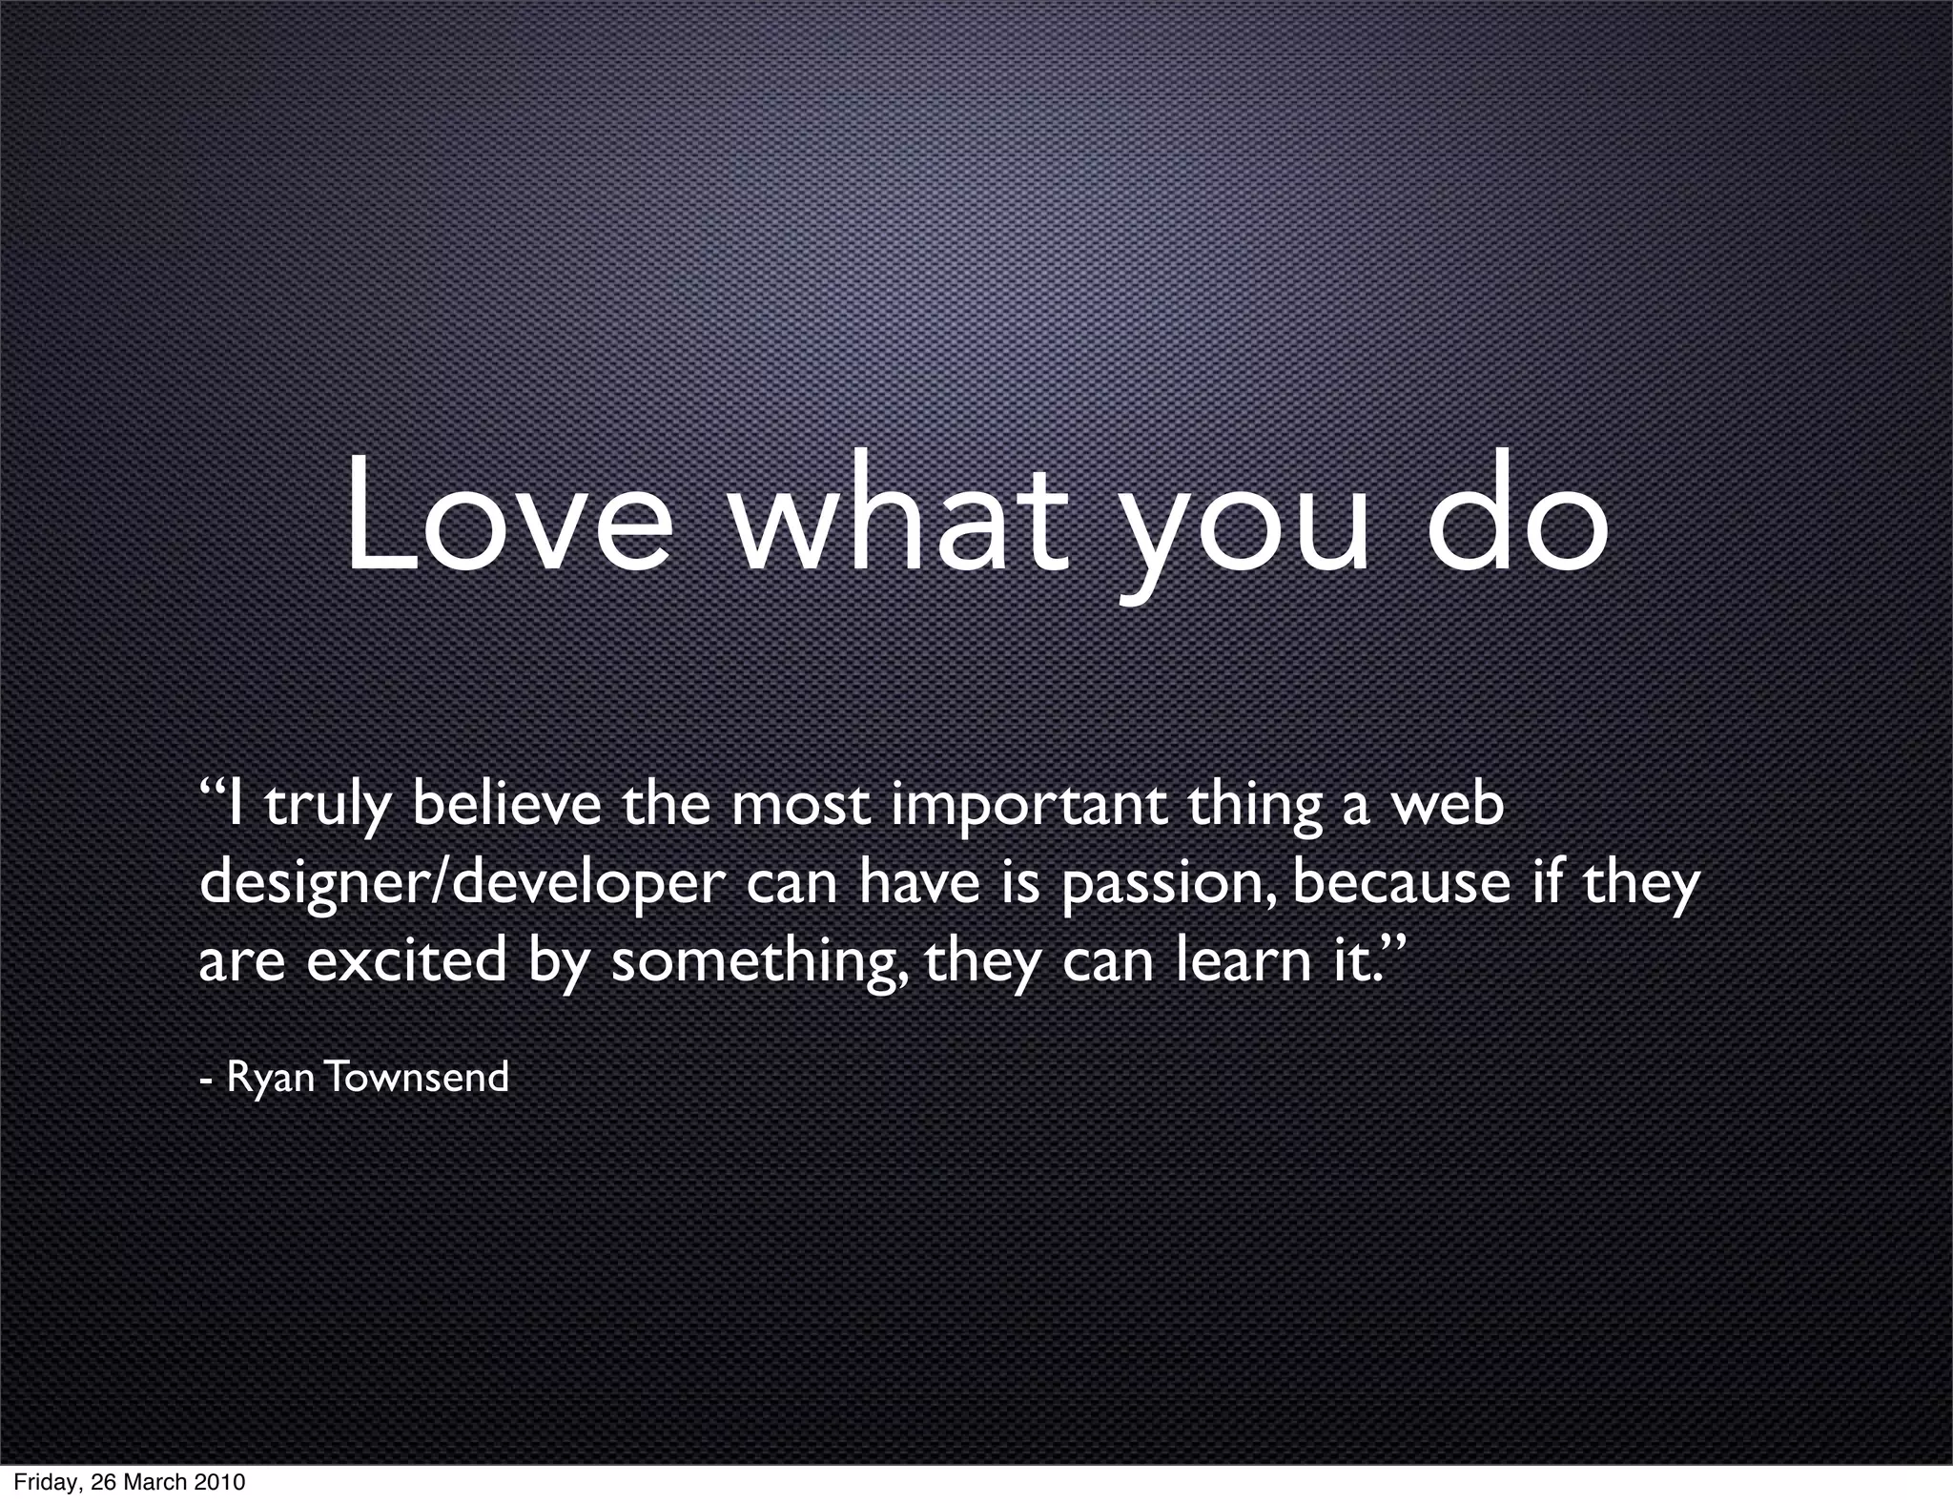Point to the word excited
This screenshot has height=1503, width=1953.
point(406,960)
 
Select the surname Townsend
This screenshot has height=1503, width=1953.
point(416,1077)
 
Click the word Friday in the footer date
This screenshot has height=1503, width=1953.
point(44,1483)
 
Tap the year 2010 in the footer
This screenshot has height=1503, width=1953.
point(219,1482)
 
